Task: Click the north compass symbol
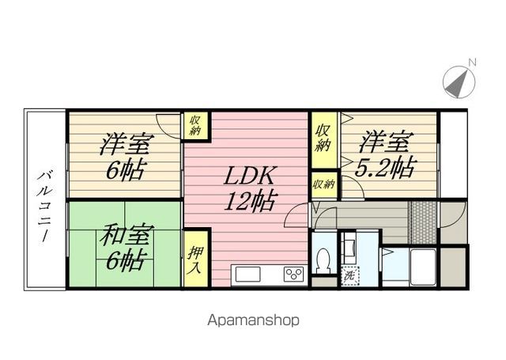(459, 81)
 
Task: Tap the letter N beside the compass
(472, 63)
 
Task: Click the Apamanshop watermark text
(253, 320)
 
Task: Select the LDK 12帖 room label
(250, 188)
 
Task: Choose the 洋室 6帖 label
(126, 156)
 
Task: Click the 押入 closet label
(195, 260)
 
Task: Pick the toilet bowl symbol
(323, 260)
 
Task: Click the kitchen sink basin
(247, 275)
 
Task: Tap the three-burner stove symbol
(293, 274)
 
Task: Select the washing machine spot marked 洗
(350, 276)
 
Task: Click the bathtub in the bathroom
(423, 267)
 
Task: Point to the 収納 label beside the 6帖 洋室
(195, 125)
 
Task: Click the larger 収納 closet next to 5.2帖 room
(323, 138)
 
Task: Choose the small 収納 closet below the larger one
(323, 184)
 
